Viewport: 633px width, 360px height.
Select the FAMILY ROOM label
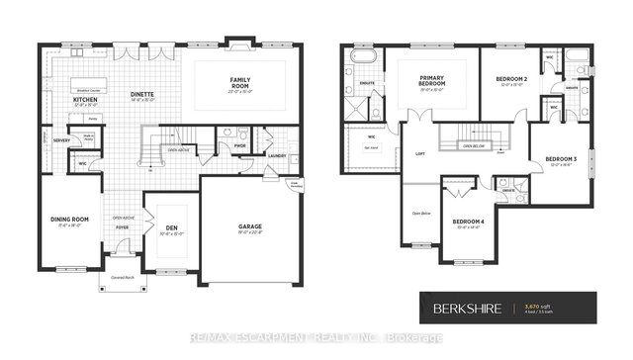[239, 82]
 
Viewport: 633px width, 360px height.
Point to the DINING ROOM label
[69, 221]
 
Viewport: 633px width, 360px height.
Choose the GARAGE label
[249, 226]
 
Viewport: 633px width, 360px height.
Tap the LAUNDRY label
[276, 155]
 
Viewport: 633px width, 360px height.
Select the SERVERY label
[61, 140]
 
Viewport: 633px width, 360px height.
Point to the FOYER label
[122, 227]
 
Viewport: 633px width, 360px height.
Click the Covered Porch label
[123, 277]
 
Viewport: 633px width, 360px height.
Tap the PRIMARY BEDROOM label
[431, 82]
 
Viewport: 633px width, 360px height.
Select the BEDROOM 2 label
[511, 80]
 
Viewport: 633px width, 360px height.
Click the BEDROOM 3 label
[561, 160]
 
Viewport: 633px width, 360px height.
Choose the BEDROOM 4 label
[469, 222]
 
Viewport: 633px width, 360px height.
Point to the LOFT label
[419, 154]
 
